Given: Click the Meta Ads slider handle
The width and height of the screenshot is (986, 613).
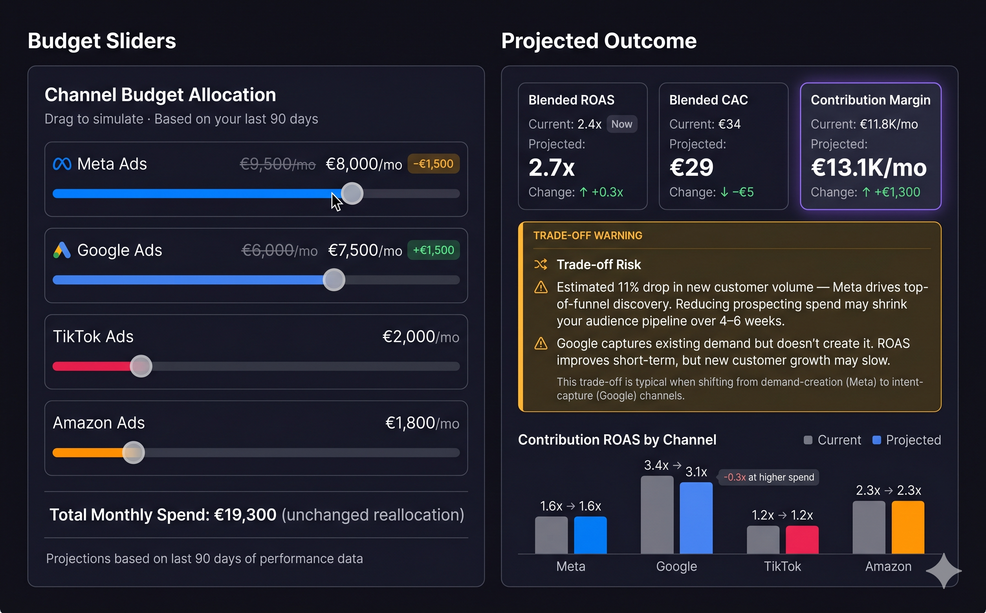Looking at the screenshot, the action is tap(352, 193).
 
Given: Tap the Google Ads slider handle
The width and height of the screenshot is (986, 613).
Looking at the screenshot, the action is tap(334, 280).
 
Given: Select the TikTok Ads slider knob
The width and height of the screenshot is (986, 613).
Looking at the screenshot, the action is tap(141, 366).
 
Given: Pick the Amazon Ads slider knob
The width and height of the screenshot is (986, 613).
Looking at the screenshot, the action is tap(133, 453).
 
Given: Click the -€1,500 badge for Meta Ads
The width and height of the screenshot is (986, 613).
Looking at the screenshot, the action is tap(433, 164).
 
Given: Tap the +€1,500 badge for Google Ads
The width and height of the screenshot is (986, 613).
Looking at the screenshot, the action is tap(433, 250).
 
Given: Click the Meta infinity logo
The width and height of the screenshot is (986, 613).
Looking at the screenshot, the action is tap(62, 164).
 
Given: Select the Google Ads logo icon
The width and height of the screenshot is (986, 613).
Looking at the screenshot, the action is tap(62, 250).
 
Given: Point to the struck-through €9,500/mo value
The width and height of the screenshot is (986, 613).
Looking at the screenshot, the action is tap(277, 164).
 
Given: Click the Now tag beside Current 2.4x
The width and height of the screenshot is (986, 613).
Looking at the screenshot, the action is tap(622, 124).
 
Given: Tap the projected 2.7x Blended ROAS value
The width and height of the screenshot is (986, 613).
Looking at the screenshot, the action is tap(552, 167).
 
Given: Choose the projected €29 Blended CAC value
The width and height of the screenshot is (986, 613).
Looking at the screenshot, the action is tap(691, 167).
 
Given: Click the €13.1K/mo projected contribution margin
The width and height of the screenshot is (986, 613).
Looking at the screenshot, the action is tap(868, 168).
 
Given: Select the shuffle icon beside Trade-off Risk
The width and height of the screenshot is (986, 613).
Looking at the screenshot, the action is tap(541, 264).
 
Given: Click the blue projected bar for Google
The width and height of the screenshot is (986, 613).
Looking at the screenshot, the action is tap(696, 518).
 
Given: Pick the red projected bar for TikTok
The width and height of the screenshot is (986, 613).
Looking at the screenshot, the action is tap(802, 540).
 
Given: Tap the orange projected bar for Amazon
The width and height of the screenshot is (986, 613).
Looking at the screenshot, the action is tap(908, 527).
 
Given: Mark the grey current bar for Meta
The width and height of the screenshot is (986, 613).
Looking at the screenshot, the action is tap(551, 535).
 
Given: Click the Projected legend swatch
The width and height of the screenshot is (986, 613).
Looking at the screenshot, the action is tap(877, 440).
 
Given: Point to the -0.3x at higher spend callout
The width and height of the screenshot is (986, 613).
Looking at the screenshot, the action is tap(768, 477).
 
